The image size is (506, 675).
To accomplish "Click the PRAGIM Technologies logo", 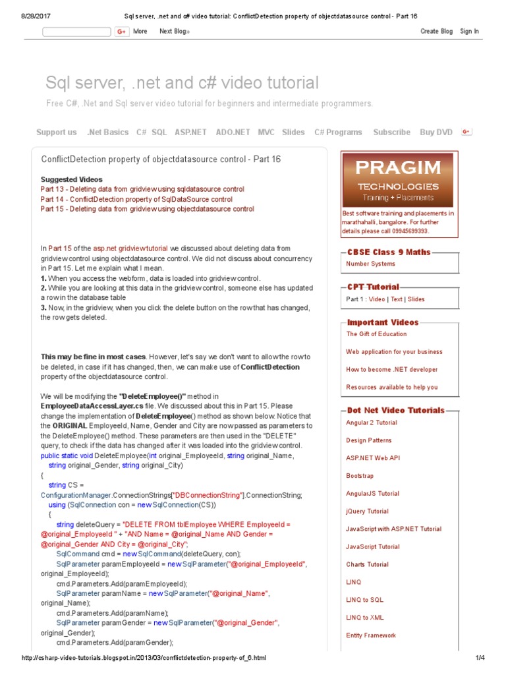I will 397,180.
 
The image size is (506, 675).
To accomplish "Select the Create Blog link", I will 436,31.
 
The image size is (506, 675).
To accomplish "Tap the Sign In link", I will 469,31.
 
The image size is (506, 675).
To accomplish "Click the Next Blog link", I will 175,31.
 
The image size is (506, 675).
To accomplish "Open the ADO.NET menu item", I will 233,132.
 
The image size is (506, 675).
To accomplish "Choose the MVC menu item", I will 266,132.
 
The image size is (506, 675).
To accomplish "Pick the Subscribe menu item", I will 391,132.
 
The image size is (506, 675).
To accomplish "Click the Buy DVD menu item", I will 436,132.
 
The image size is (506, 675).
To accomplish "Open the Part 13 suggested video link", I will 142,189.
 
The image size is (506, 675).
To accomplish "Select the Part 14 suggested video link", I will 136,199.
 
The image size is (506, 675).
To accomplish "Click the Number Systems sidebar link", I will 370,264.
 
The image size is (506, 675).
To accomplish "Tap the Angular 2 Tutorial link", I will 372,423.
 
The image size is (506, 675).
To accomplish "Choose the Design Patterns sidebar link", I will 368,440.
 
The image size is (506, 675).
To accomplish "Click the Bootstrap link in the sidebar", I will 360,476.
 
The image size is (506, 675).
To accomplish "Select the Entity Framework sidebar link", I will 371,635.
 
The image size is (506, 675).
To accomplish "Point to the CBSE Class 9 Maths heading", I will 389,252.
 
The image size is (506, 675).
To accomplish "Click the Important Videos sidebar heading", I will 383,322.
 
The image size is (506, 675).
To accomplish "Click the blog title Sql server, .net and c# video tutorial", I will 182,83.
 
